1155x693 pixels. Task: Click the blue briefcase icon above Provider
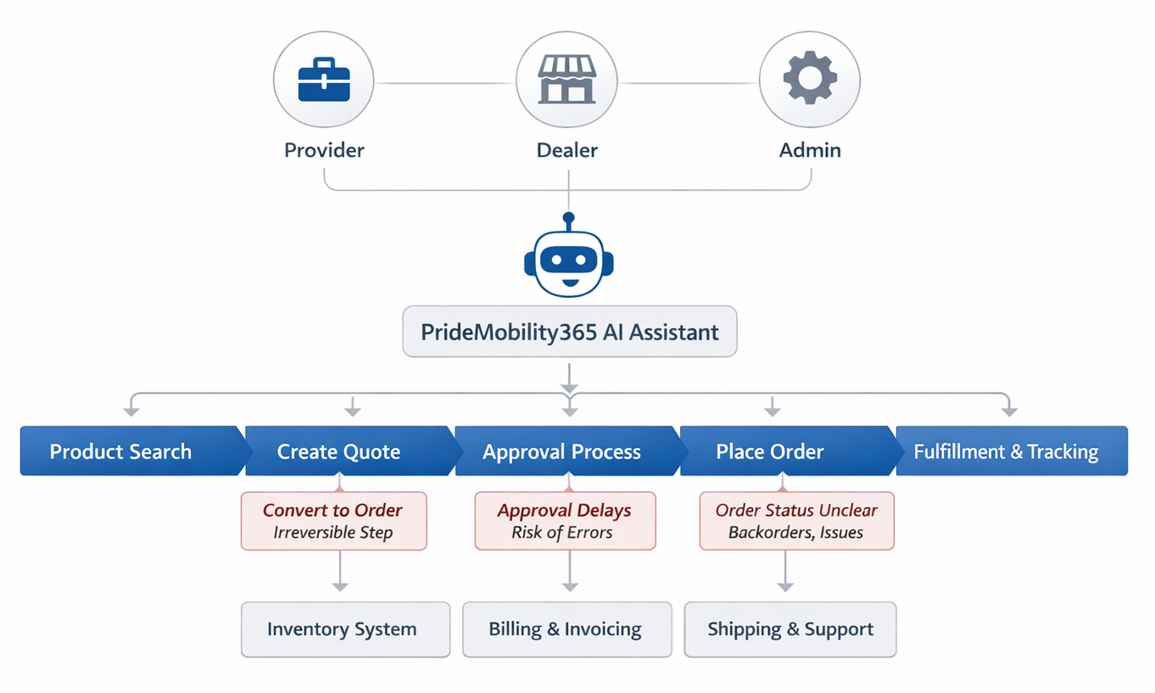pos(324,81)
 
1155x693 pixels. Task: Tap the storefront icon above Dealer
pos(567,81)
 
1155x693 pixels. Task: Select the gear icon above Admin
pos(810,79)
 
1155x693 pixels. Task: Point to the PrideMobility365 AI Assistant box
pos(570,332)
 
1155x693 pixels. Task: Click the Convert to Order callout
pos(333,521)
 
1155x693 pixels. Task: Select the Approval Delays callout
pos(565,521)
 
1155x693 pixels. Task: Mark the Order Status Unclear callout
pos(796,521)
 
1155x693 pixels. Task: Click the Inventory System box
pos(345,629)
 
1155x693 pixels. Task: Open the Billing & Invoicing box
pos(566,629)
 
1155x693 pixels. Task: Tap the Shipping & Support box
pos(790,629)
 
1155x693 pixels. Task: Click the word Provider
pos(324,150)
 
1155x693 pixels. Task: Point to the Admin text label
pos(810,150)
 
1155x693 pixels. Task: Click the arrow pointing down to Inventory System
pos(340,584)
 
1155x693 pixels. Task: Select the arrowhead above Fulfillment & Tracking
pos(1008,411)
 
